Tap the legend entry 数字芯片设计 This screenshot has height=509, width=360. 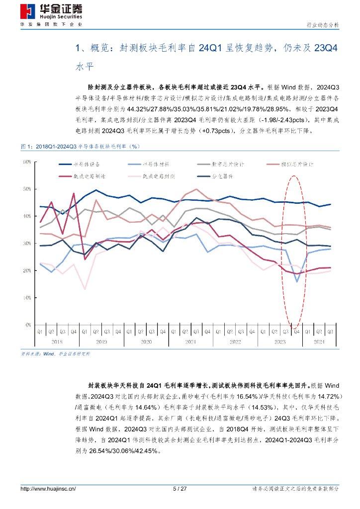(226, 164)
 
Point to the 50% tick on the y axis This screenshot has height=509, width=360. (27, 189)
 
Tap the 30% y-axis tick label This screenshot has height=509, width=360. (27, 244)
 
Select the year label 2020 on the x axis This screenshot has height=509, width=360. (146, 342)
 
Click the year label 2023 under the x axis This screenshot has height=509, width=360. (280, 342)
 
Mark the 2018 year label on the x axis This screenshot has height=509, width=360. (57, 342)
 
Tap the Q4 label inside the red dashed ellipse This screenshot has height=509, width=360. (297, 332)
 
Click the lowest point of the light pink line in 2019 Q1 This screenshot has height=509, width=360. (85, 289)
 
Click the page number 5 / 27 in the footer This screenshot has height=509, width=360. (180, 489)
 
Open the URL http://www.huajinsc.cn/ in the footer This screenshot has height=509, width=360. (48, 489)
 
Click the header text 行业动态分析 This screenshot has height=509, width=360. (322, 25)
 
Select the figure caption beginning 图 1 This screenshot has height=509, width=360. (80, 147)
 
